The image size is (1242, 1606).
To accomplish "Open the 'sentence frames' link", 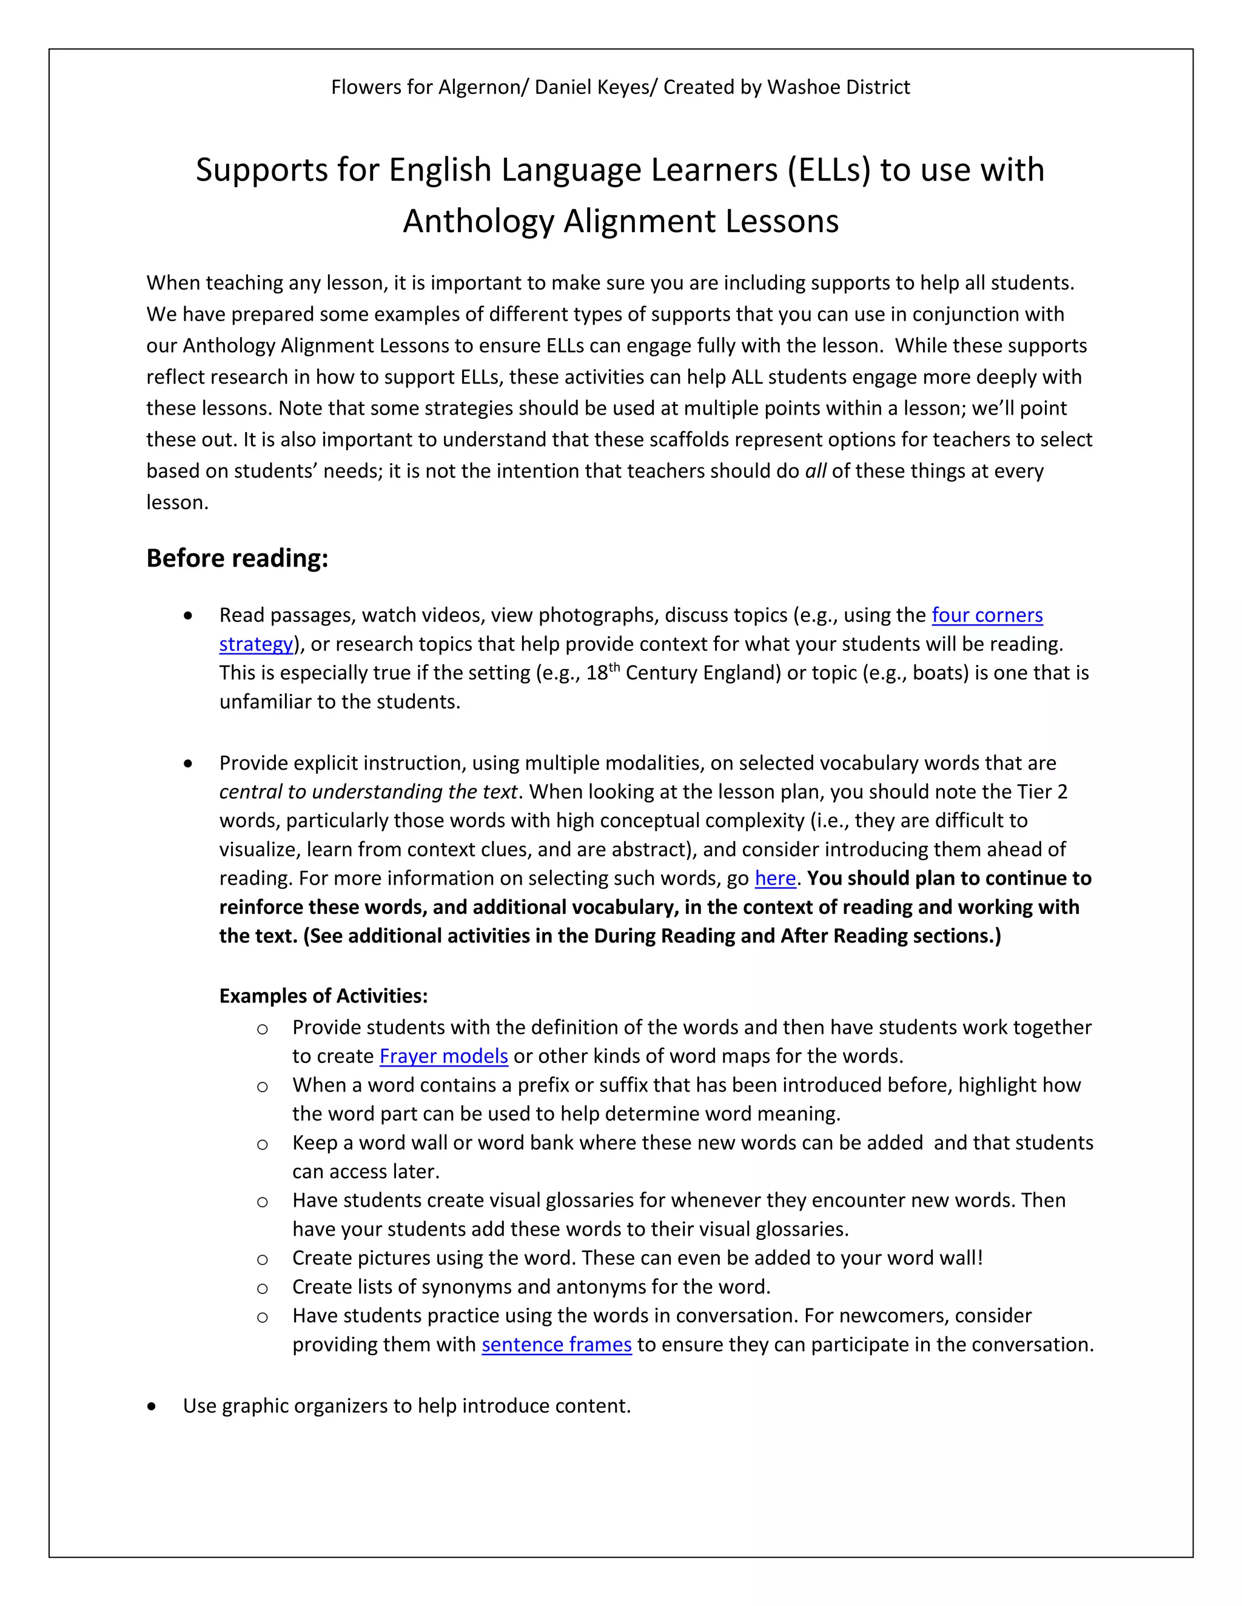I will coord(556,1344).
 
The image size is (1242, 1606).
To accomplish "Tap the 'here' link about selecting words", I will coord(775,878).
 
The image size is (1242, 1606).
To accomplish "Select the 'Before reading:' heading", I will coord(237,558).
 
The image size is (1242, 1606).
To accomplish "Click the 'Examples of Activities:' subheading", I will coord(323,996).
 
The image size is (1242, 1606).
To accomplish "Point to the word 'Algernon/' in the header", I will coord(483,87).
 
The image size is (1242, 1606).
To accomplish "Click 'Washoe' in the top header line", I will coord(801,87).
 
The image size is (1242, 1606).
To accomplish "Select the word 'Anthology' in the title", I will coord(478,221).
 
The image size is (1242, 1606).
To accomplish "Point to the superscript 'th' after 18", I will coord(614,667).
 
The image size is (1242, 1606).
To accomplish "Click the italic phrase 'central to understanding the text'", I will coord(368,792).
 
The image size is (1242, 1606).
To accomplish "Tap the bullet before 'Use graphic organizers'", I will coord(152,1407).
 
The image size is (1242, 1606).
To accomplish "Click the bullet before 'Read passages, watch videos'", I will coord(189,616).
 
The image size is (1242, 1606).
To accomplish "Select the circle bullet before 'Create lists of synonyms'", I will coord(262,1288).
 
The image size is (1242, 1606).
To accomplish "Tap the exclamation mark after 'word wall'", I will coord(979,1258).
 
